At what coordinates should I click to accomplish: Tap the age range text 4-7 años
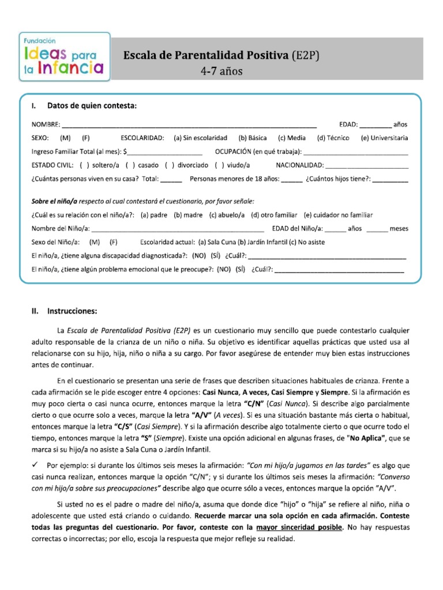tap(221, 71)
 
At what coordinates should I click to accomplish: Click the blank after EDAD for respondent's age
tap(376, 125)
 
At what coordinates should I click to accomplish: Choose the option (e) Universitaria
tap(384, 138)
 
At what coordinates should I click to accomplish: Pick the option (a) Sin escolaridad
tap(200, 138)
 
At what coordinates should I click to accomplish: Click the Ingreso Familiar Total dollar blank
tap(164, 152)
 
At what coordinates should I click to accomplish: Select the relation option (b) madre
tap(188, 215)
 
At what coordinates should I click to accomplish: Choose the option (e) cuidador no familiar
tap(339, 215)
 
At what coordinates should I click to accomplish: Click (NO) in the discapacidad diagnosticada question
tap(199, 255)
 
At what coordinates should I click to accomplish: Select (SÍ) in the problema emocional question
tap(241, 268)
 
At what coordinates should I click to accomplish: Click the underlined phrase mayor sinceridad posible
tap(299, 527)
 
